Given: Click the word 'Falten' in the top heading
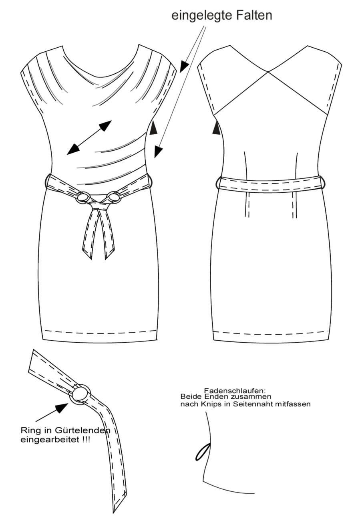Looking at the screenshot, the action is pyautogui.click(x=254, y=16).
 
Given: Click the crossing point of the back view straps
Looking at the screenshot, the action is pyautogui.click(x=268, y=72).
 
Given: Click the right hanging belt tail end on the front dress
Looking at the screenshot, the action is pyautogui.click(x=109, y=254).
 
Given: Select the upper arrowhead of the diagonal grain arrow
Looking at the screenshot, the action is pyautogui.click(x=105, y=126).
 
